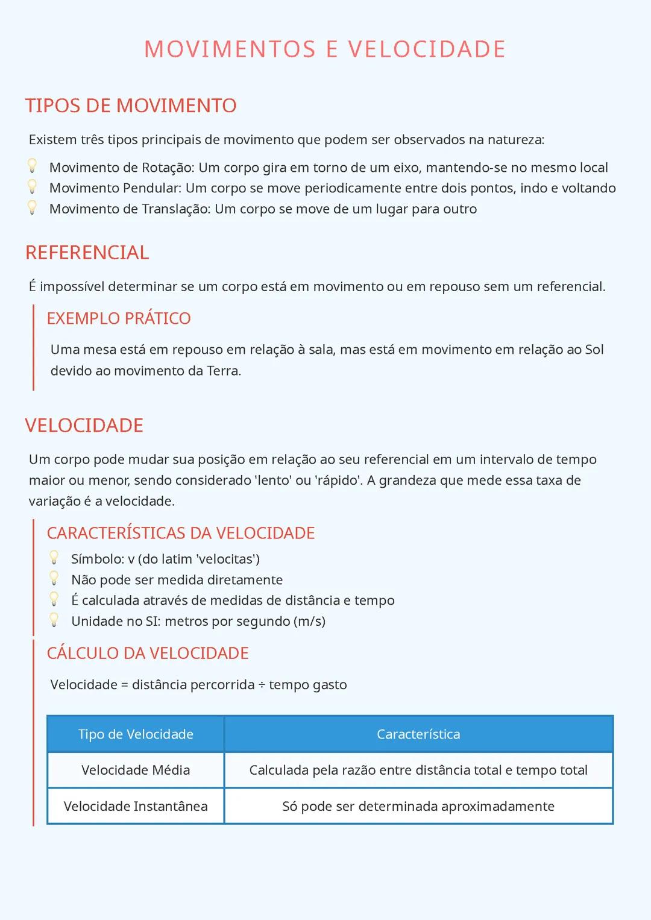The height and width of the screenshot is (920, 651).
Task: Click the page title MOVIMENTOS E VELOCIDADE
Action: point(325,49)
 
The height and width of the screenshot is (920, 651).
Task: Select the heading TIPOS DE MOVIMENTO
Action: point(131,106)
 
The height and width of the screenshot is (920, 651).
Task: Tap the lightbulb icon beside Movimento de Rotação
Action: point(33,166)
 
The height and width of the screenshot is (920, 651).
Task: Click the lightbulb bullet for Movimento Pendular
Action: point(33,187)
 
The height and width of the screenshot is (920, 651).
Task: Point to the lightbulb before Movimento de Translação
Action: point(33,208)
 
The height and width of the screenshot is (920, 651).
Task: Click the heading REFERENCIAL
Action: point(87,253)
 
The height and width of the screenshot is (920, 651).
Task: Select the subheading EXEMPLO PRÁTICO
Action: point(119,318)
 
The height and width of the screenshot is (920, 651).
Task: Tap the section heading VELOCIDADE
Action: point(84,426)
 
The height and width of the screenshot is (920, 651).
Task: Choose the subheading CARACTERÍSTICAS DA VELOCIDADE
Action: point(181,533)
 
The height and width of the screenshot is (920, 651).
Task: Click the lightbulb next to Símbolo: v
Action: point(54,558)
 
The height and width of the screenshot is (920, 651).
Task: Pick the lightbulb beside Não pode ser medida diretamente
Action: point(54,579)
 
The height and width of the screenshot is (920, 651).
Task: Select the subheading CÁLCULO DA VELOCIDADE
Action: point(148,653)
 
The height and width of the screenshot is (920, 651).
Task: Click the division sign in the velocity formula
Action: point(262,685)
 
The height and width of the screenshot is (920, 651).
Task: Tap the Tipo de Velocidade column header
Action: point(136,734)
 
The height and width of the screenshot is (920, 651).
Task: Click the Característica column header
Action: point(418,734)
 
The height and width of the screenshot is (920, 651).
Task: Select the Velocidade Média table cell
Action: point(136,770)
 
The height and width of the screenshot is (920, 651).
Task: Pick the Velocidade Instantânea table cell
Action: point(136,806)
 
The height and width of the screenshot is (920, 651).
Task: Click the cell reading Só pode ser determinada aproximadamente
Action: point(418,806)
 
